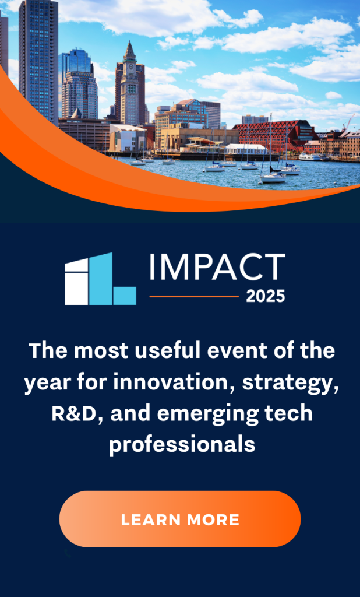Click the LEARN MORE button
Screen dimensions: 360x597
(x=180, y=519)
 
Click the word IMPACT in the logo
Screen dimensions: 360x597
(x=217, y=266)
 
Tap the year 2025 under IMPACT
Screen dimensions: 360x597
(x=266, y=296)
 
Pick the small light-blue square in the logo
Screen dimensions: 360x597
(x=125, y=296)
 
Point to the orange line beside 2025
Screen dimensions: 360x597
(x=194, y=296)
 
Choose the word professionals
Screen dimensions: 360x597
(x=182, y=445)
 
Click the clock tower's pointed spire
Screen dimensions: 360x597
(x=130, y=48)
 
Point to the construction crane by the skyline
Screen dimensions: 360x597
(x=348, y=124)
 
